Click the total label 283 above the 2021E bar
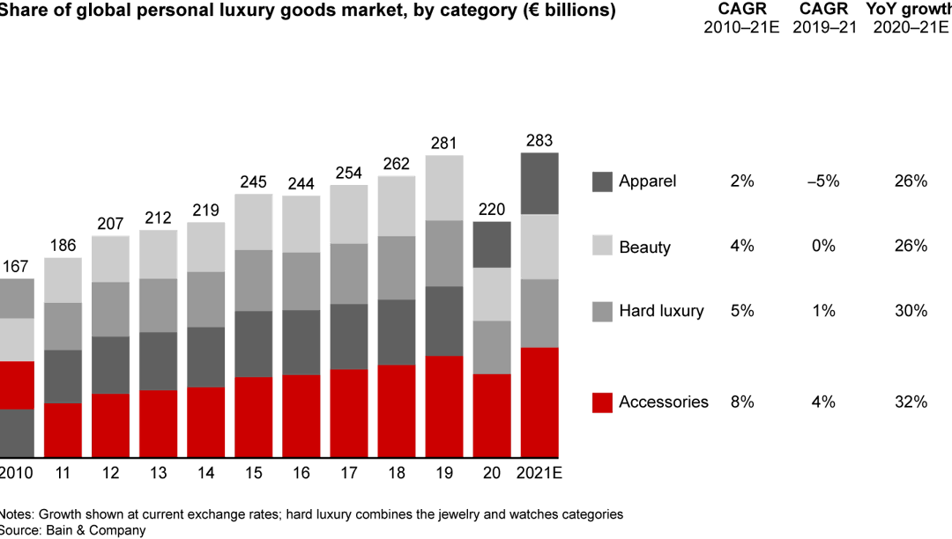coord(539,141)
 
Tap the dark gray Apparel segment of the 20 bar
coord(492,244)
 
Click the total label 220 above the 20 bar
coord(492,210)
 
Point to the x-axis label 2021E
coord(539,473)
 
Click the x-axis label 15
coord(254,473)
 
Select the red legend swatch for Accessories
coord(602,402)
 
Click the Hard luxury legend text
coord(661,311)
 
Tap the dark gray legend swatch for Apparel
coord(602,181)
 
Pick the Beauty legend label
coord(644,247)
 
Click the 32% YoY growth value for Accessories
coord(910,402)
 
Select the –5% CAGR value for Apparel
coord(822,181)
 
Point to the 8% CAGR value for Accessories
coord(741,402)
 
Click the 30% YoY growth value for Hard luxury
coord(910,311)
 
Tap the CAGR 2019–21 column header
coord(822,18)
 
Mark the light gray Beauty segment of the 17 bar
coord(349,214)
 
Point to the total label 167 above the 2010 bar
coord(15,267)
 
